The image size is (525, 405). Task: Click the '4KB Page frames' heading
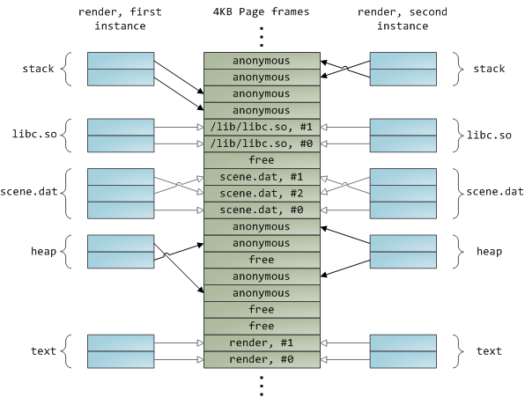(261, 11)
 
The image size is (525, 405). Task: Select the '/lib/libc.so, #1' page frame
(261, 127)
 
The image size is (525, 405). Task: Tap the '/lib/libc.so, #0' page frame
(261, 144)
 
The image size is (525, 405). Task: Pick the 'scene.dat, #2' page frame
(261, 193)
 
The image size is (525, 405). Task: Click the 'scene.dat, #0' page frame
(261, 210)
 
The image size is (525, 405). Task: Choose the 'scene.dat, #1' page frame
(261, 176)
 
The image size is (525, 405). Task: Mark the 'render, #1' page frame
(261, 342)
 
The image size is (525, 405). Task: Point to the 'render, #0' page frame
(261, 359)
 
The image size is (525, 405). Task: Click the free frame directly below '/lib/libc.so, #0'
(261, 160)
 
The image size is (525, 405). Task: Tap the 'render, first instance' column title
(122, 18)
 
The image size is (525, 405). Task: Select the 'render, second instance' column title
(403, 18)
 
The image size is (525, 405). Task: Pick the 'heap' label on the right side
(489, 252)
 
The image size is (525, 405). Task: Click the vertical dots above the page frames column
(261, 38)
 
